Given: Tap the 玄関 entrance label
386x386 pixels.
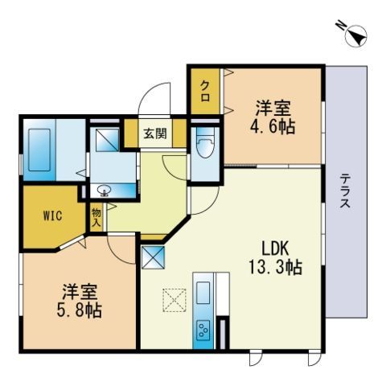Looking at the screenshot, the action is coord(155,133).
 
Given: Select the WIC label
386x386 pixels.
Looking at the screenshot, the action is coord(53,216).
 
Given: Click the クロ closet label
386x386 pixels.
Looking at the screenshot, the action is coord(205,92).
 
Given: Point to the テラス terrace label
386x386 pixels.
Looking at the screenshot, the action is coord(346,191).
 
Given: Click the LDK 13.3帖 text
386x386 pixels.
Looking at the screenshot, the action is coord(276,258).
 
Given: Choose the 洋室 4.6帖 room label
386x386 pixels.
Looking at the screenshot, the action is coord(273,117).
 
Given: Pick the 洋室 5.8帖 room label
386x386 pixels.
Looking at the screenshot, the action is coord(80,301).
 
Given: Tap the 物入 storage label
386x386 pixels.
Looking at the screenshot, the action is coord(96,218).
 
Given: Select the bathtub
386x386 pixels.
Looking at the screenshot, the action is coord(39,150).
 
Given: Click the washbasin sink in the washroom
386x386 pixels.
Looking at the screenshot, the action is coord(105,191).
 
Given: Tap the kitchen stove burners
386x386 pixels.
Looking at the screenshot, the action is coord(203,330).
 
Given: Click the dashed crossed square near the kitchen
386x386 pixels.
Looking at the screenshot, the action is coord(175,300).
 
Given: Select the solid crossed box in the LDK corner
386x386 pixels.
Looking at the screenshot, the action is coord(153,257).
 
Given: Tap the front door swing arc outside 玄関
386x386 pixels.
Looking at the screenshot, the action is coord(154,99).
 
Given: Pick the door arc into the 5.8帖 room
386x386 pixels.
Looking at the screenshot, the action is coord(121,249).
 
